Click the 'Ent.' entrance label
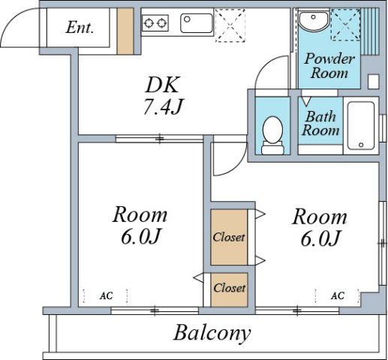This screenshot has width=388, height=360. point(80,27)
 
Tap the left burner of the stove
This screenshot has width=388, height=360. point(149,23)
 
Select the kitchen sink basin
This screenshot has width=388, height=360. point(197,23)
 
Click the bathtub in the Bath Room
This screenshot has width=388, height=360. point(361,125)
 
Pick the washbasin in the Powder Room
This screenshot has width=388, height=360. point(314,20)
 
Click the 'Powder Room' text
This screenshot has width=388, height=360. point(329,66)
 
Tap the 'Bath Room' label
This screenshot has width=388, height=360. point(320,124)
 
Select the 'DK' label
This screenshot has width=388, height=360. point(163,85)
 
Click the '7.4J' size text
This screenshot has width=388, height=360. point(164,106)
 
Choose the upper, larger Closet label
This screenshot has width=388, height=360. point(229,237)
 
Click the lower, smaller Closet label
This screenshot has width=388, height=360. point(229,288)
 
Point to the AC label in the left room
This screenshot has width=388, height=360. point(106,295)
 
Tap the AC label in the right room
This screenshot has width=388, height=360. point(338,295)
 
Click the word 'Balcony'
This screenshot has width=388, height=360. point(212,333)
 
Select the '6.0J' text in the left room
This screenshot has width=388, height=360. point(140,236)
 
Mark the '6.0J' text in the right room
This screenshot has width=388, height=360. point(320,238)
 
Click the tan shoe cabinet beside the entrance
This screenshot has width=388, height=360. point(125,31)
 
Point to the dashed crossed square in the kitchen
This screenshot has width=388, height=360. point(230,25)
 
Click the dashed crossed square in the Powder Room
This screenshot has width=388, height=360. point(345,24)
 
